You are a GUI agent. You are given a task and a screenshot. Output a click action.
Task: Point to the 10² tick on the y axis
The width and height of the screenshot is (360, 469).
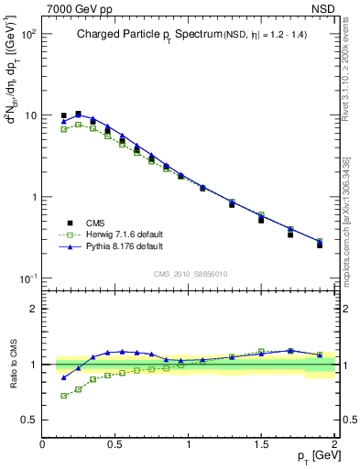coord(28,34)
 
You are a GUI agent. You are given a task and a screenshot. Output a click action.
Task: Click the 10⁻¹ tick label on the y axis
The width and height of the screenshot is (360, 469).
coord(28,278)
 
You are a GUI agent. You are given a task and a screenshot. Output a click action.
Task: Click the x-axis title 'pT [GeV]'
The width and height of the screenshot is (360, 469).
coord(317,455)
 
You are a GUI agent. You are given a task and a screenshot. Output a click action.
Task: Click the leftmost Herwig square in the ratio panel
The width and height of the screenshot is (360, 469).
coord(63,396)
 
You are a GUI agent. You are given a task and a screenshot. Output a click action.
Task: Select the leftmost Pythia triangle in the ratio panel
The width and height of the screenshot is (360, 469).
coord(63,376)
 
